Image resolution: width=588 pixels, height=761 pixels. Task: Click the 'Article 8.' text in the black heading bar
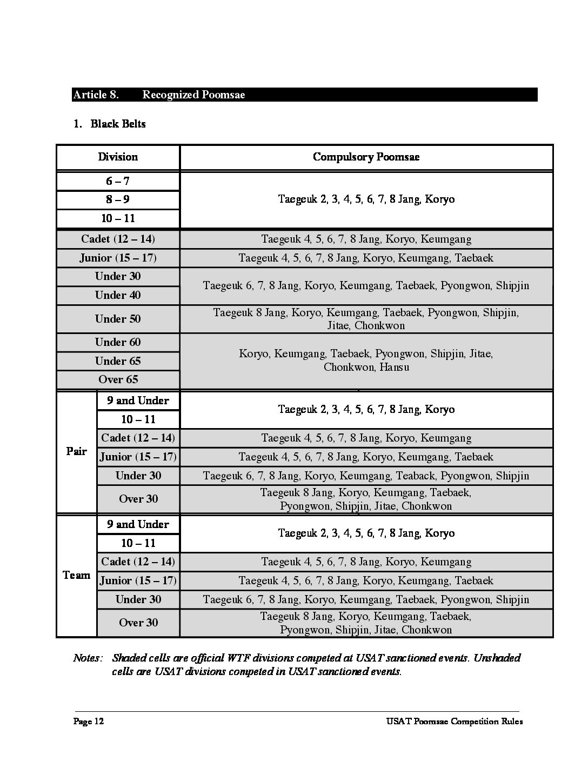coord(96,95)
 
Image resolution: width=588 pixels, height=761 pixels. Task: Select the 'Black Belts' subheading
coord(118,124)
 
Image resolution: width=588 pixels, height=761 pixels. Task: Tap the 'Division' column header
coord(118,157)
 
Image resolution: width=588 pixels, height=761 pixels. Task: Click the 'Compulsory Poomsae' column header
coord(366,157)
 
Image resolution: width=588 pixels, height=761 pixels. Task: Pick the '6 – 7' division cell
coord(118,182)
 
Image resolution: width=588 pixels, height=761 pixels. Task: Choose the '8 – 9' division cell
coord(118,199)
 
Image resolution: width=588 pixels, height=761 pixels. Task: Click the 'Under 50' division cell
coord(118,319)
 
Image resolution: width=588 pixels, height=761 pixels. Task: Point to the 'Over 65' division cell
coord(118,379)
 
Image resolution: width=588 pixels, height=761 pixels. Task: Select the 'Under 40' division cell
coord(118,295)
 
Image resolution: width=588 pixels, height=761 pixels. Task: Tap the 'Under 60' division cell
coord(118,342)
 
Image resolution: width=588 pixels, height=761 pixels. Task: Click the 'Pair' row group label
coord(76,451)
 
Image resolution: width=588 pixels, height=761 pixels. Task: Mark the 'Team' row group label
coord(76,575)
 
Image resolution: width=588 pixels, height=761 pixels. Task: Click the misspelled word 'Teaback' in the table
coord(416,476)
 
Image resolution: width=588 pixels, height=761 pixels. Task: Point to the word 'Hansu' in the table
coord(394,368)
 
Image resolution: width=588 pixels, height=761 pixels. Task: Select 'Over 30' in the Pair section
coord(138,499)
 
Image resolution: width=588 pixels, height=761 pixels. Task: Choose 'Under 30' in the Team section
coord(138,599)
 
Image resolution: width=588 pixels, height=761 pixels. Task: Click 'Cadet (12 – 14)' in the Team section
coord(138,562)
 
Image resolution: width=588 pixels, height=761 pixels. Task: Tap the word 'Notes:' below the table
coord(88,658)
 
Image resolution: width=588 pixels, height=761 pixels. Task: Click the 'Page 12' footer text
coord(89,722)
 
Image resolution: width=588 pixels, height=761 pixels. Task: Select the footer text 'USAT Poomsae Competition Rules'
coord(455,722)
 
